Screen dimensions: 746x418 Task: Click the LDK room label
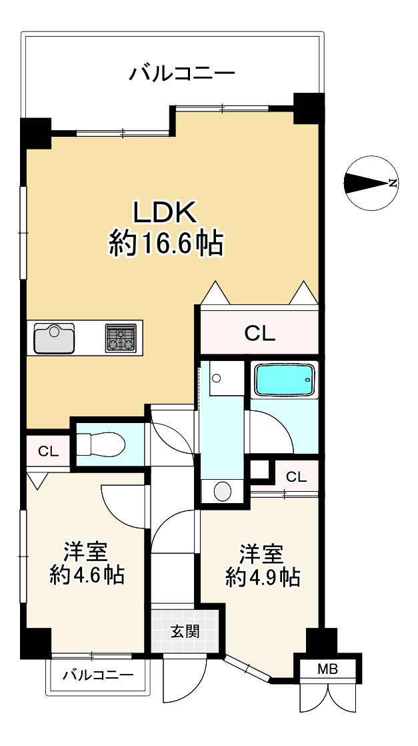click(165, 213)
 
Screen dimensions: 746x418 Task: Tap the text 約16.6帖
click(165, 245)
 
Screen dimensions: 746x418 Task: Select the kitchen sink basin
click(55, 338)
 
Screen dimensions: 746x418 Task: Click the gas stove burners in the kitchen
click(121, 338)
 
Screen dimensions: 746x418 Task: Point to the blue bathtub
click(284, 380)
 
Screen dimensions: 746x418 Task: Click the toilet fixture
click(100, 443)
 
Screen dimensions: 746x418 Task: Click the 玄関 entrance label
click(184, 631)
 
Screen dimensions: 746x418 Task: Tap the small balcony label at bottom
click(98, 675)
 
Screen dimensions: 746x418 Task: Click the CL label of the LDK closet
click(259, 333)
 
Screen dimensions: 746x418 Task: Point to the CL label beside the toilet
click(48, 451)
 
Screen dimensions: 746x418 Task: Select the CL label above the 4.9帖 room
click(297, 476)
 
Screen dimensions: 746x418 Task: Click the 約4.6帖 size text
click(87, 575)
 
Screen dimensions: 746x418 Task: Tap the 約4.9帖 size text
click(263, 577)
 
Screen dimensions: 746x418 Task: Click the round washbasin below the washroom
click(223, 492)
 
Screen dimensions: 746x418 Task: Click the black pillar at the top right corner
click(309, 108)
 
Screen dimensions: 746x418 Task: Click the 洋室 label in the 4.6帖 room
click(85, 552)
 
